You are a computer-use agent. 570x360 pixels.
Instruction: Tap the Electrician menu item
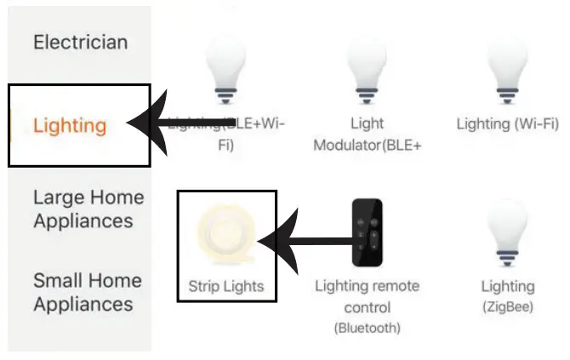click(80, 42)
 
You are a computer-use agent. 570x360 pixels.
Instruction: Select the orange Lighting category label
click(70, 126)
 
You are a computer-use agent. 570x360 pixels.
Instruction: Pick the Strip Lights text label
click(226, 287)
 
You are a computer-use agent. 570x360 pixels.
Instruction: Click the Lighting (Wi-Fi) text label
click(507, 124)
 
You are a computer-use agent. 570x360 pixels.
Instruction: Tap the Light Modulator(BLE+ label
click(368, 134)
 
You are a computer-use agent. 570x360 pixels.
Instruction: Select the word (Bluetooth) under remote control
click(368, 327)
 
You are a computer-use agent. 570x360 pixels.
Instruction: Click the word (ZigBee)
click(507, 305)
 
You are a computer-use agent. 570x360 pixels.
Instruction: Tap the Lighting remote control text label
click(368, 296)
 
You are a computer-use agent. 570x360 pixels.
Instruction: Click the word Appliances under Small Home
click(83, 304)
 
